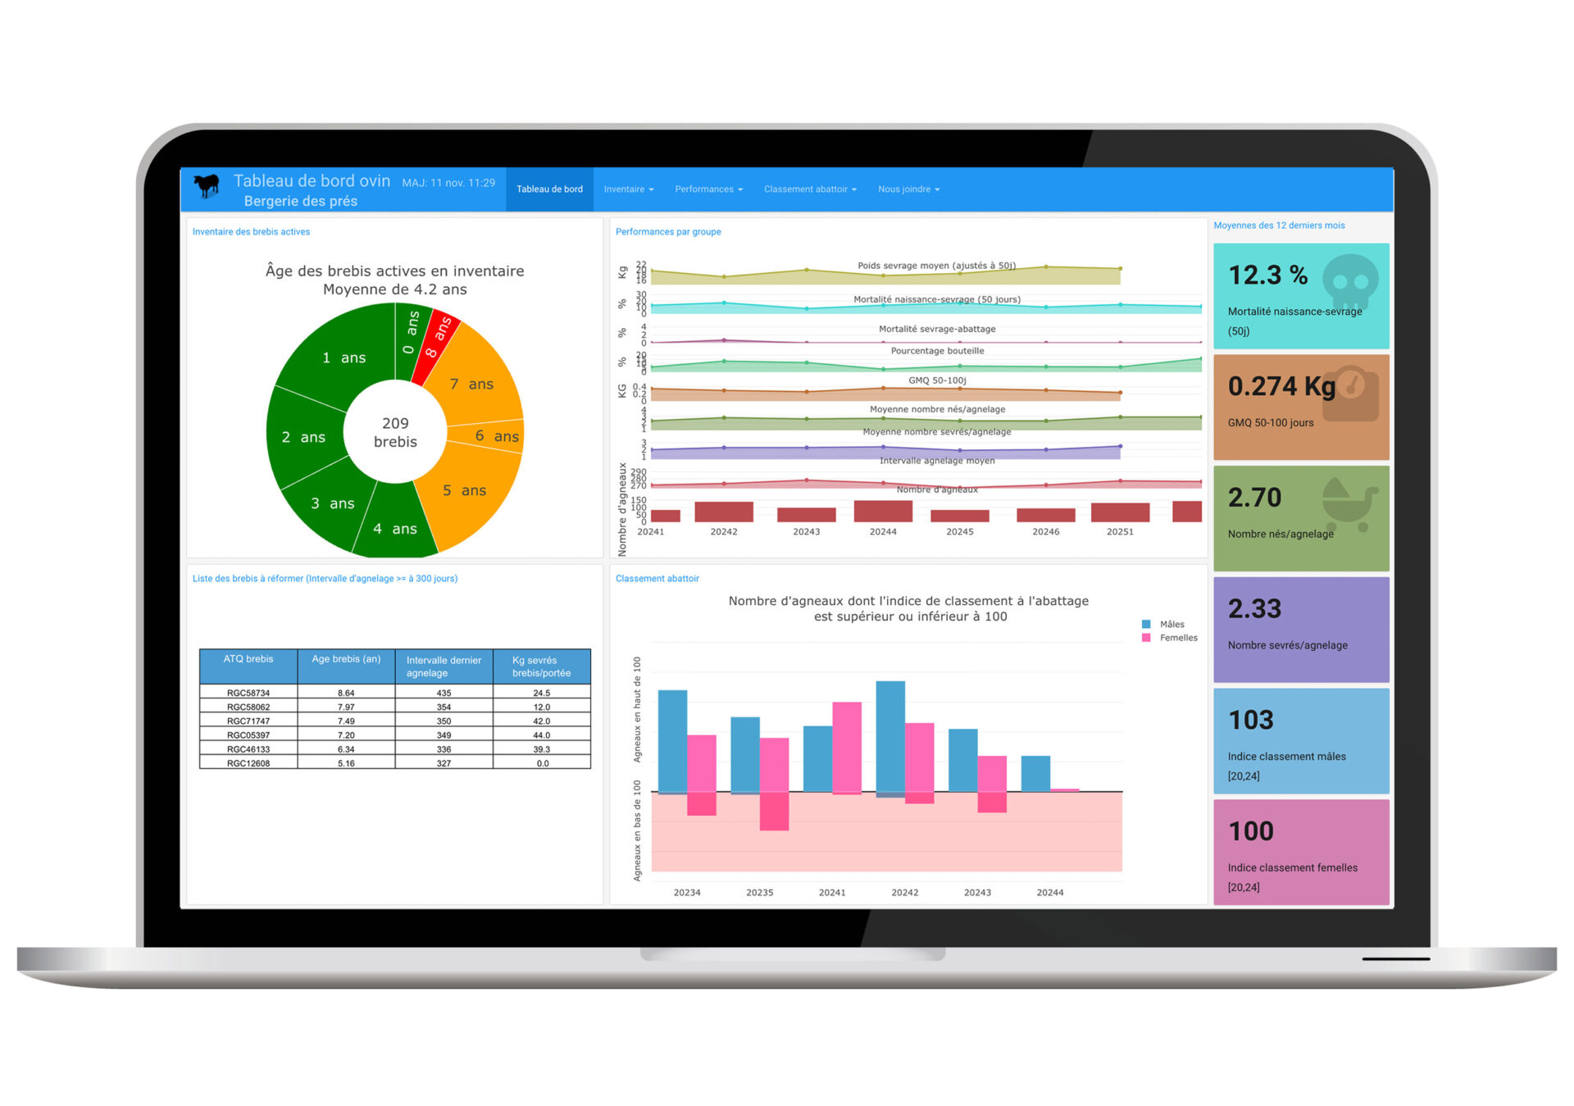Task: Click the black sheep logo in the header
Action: click(207, 186)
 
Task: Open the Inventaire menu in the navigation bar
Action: click(628, 189)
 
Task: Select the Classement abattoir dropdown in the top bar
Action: click(809, 189)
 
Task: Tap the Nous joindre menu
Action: click(908, 189)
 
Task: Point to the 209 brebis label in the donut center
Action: click(395, 432)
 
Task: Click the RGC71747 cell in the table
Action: click(248, 721)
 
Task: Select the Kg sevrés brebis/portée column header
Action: click(541, 667)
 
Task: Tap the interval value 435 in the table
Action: click(444, 694)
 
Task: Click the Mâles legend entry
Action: click(1171, 625)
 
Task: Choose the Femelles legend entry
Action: click(1177, 638)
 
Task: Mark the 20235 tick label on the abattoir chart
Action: click(759, 893)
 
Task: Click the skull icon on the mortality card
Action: click(1349, 281)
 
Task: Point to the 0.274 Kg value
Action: click(1281, 386)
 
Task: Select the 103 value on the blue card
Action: click(1251, 720)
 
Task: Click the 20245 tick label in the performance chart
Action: click(960, 532)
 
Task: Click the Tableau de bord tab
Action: click(549, 189)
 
